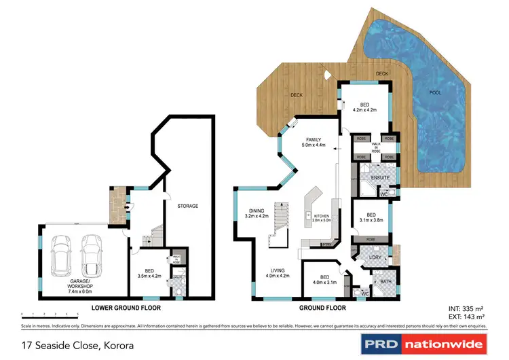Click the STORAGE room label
187,206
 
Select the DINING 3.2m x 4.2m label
257,213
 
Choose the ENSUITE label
371,178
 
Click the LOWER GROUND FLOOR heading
126,308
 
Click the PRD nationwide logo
423,344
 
